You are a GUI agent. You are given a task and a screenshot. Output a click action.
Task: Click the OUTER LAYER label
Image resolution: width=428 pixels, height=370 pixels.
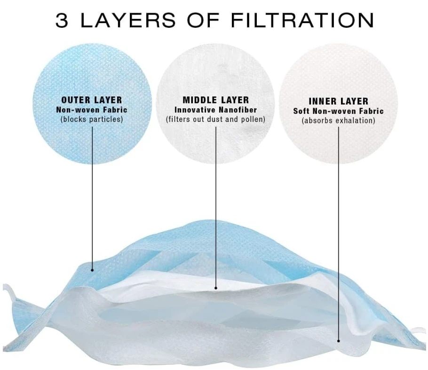(92, 100)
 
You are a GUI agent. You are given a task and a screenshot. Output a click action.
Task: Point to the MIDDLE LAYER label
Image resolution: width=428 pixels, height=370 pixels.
(215, 100)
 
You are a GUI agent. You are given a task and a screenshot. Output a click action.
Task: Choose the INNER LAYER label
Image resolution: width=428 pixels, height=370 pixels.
(338, 101)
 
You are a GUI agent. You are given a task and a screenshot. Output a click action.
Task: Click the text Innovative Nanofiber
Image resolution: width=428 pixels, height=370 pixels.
(215, 110)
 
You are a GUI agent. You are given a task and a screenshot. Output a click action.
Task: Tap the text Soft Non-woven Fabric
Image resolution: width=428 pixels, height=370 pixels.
(338, 112)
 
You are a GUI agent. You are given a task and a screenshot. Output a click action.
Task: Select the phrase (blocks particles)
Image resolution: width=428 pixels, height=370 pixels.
(92, 120)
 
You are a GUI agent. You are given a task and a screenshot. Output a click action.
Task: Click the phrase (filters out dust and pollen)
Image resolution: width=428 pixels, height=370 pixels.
(215, 120)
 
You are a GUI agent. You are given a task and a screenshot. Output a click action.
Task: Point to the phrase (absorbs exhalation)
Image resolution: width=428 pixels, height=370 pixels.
(338, 121)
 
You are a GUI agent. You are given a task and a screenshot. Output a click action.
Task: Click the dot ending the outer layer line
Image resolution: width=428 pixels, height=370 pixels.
(92, 270)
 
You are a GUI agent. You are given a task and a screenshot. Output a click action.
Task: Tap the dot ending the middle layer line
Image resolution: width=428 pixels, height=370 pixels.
(216, 288)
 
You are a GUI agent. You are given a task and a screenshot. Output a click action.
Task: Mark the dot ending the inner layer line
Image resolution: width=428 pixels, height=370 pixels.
(339, 340)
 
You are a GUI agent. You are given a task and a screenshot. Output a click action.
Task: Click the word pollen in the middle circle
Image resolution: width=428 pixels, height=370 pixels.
(253, 120)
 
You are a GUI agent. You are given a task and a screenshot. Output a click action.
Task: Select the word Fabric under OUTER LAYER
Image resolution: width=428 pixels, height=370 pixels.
(115, 110)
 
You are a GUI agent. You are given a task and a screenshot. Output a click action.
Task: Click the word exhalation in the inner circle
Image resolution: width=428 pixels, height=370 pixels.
(354, 121)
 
